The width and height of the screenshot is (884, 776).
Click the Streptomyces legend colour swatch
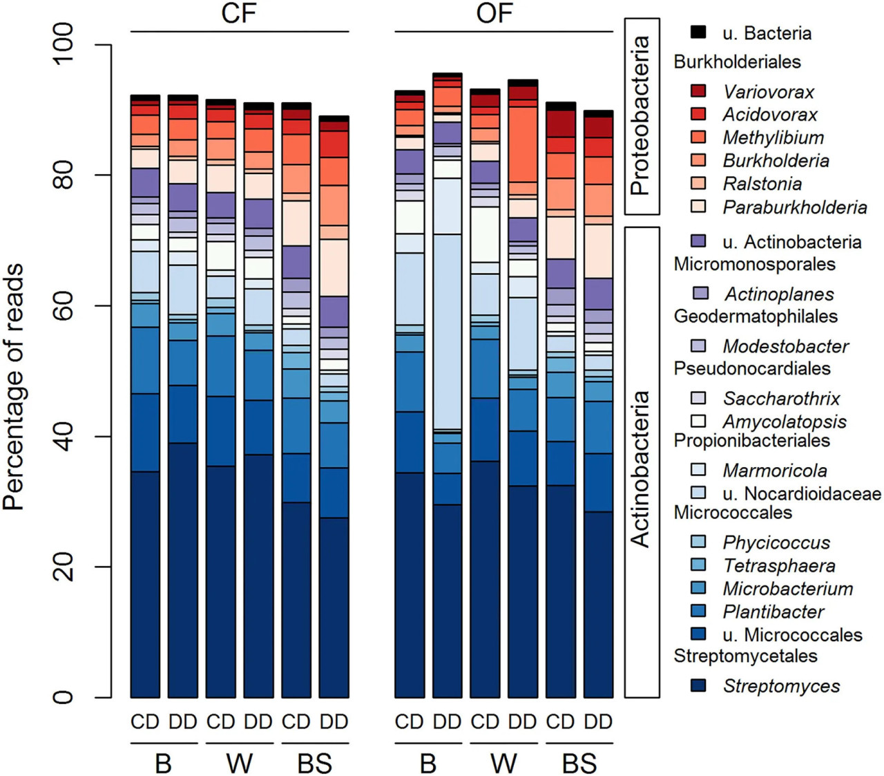tap(698, 686)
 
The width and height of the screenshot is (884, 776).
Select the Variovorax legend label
tap(769, 92)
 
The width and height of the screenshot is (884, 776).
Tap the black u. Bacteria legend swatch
tap(698, 32)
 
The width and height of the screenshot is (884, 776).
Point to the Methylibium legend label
tap(773, 138)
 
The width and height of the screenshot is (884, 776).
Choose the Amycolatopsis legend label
tap(785, 422)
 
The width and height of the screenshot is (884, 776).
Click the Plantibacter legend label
tap(773, 612)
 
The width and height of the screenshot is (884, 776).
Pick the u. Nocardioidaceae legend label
tap(802, 493)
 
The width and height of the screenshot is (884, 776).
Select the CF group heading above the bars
tap(238, 13)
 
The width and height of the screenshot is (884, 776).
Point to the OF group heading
tap(494, 13)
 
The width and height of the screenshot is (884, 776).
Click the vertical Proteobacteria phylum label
tap(640, 115)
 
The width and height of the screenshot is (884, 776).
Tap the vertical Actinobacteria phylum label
tap(640, 469)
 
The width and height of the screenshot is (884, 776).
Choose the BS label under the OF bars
tap(579, 764)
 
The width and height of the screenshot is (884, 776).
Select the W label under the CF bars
tap(240, 764)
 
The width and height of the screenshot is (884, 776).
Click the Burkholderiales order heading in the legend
tap(738, 62)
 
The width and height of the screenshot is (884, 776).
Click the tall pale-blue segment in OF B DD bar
tap(448, 332)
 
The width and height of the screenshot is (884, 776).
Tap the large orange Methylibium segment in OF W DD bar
tap(523, 144)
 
